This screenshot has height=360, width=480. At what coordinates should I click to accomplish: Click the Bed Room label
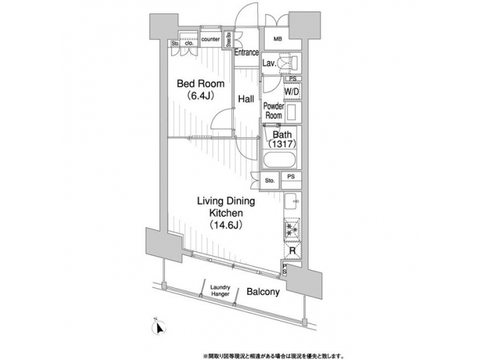[x=200, y=84]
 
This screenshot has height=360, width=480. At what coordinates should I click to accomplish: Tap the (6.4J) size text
[x=200, y=96]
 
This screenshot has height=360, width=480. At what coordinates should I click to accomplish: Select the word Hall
[x=246, y=99]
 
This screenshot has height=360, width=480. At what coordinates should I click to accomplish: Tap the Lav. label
[x=270, y=63]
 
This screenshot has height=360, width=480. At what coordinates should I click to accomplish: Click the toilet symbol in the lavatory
[x=291, y=63]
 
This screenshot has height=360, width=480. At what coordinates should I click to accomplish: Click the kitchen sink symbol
[x=291, y=201]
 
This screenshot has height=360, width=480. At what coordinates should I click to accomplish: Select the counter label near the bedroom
[x=211, y=39]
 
